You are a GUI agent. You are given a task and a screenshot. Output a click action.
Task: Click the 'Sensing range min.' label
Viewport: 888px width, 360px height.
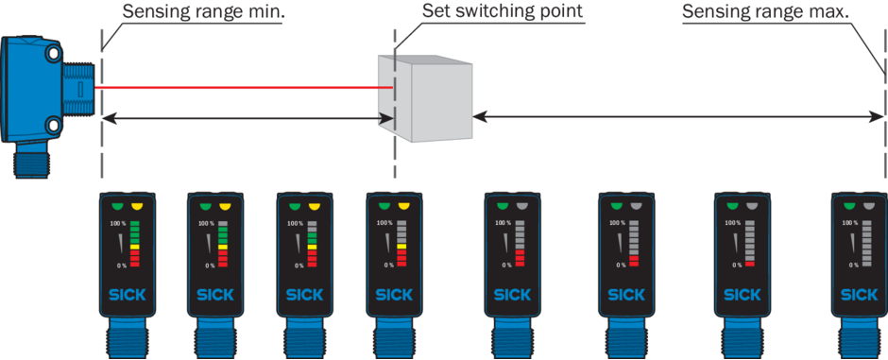[x=204, y=12]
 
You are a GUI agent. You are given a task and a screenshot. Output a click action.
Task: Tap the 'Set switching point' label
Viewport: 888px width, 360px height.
[x=503, y=12]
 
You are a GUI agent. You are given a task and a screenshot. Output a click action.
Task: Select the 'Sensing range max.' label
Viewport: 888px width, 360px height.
[x=766, y=12]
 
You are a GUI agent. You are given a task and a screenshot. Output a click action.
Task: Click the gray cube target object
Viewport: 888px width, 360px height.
[x=425, y=98]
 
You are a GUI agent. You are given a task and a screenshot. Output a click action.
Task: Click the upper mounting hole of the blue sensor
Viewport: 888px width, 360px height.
[x=54, y=55]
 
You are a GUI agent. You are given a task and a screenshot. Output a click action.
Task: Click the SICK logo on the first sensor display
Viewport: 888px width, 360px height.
[x=127, y=295]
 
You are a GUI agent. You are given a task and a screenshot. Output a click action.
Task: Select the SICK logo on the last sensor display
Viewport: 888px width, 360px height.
[x=859, y=295]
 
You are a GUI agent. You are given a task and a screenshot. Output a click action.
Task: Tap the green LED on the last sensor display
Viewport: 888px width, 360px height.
[x=850, y=207]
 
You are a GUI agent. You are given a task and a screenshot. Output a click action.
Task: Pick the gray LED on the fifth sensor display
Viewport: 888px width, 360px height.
[x=522, y=207]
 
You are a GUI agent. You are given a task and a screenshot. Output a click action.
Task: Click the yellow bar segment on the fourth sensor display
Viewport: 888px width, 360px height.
[x=401, y=247]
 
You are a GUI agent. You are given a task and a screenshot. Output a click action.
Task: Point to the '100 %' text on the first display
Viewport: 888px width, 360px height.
[x=118, y=224]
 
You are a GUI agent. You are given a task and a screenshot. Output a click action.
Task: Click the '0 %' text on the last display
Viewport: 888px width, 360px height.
[x=850, y=265]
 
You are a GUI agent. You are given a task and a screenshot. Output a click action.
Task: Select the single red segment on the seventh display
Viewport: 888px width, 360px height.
[x=750, y=264]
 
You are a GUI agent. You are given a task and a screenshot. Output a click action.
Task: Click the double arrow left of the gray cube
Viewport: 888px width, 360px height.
[x=247, y=119]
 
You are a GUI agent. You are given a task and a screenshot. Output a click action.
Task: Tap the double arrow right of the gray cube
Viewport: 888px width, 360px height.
[x=678, y=116]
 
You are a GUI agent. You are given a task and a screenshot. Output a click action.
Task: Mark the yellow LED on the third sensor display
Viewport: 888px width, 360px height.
[x=315, y=207]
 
